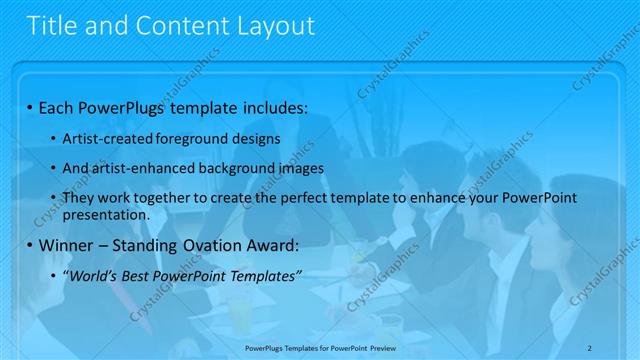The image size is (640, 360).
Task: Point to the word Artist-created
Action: (x=103, y=138)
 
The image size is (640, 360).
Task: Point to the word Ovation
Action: (x=204, y=246)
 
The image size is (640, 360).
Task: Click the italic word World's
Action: (x=92, y=276)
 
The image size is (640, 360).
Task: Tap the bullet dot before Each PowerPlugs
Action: (x=31, y=106)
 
